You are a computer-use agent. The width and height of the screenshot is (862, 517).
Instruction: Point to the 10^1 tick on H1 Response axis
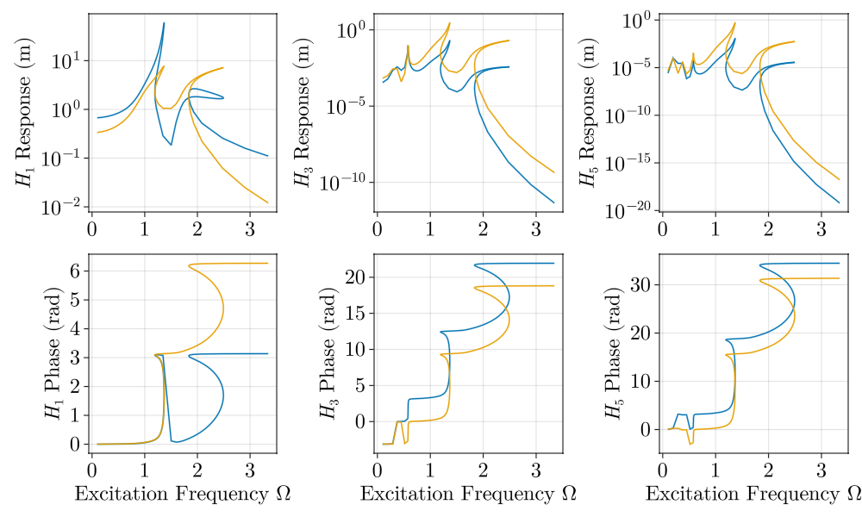point(68,60)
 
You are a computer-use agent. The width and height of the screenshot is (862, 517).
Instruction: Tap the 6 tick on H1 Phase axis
point(75,270)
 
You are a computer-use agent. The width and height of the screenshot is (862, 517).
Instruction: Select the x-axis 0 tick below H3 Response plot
point(377,230)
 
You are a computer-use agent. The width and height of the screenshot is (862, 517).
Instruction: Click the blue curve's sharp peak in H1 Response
point(164,23)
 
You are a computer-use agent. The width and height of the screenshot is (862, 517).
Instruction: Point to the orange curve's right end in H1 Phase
point(268,263)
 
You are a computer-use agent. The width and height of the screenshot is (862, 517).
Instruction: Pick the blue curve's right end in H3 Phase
point(553,263)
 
